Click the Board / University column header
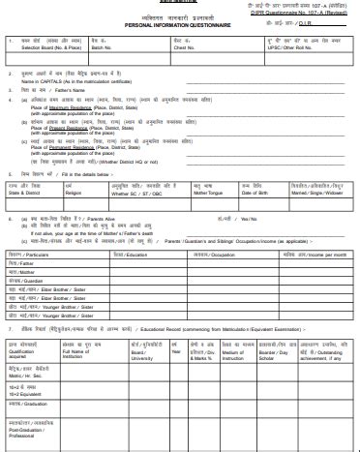point(132,352)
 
